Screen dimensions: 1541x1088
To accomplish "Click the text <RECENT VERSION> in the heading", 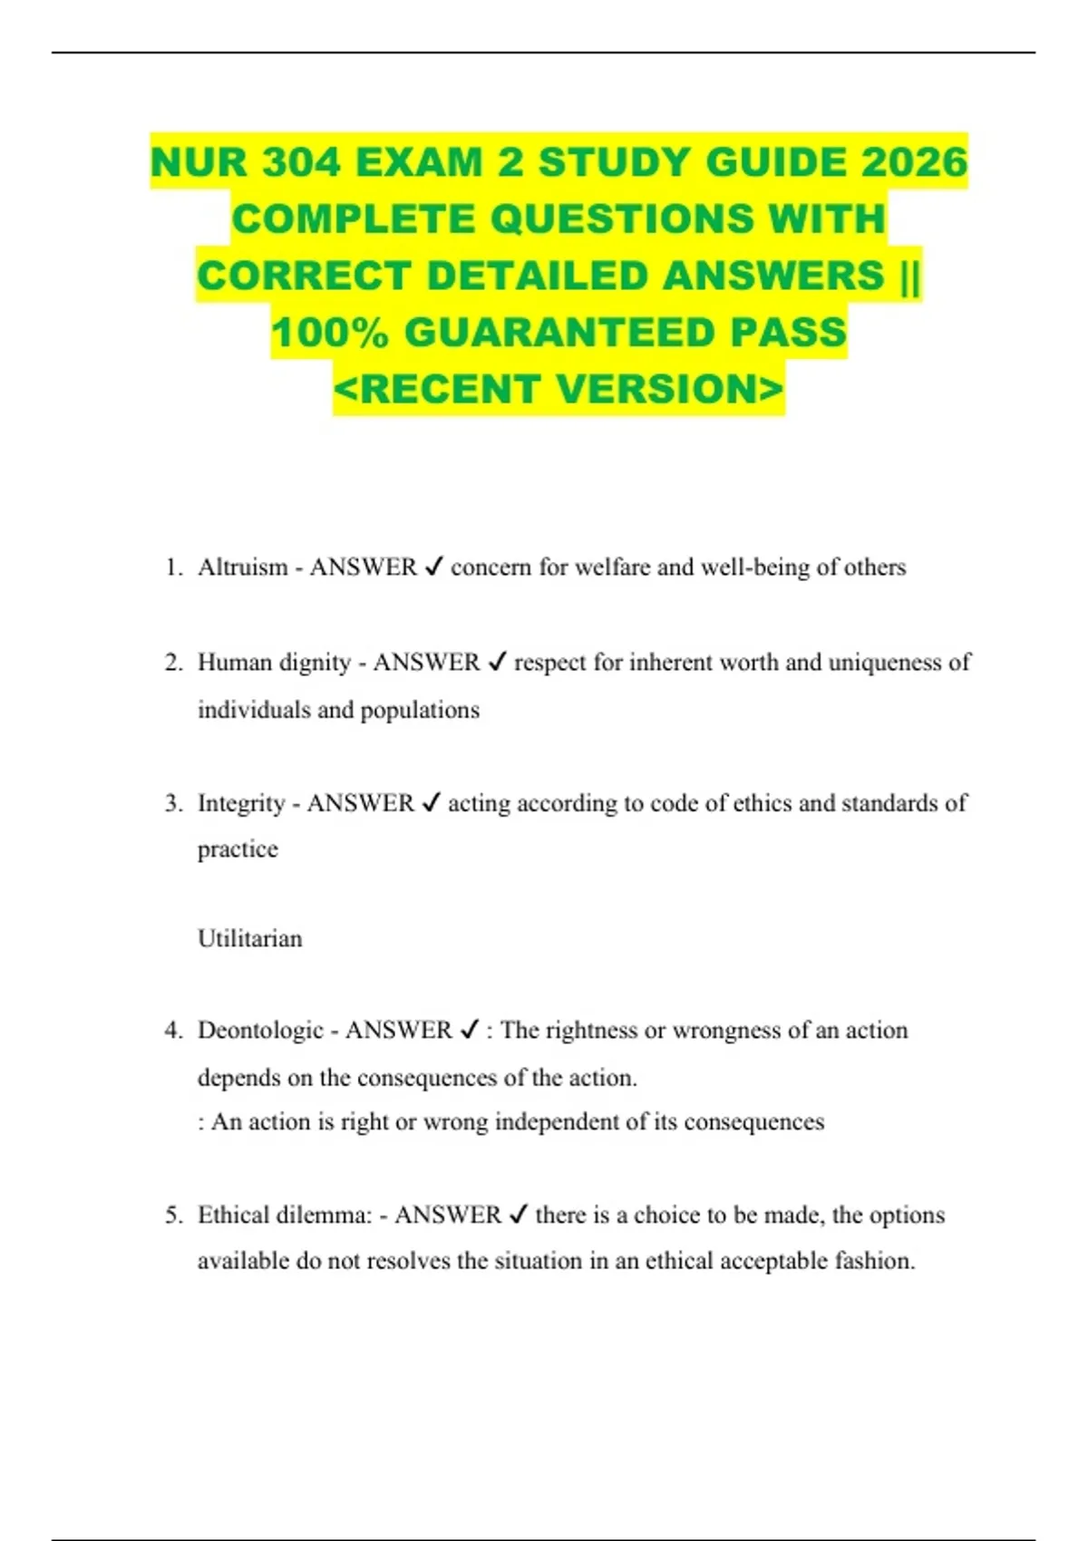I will pos(559,390).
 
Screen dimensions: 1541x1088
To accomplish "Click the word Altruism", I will pos(242,567).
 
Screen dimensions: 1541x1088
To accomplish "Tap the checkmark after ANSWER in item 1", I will pos(433,567).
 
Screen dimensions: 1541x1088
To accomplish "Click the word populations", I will pos(420,710).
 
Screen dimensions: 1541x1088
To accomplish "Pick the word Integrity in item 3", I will pos(241,803).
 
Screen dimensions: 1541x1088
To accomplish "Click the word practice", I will pos(238,849).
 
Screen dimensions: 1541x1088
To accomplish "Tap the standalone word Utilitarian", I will pos(250,938).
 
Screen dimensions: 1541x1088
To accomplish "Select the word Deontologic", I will pos(260,1031).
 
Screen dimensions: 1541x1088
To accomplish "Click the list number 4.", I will pos(172,1031).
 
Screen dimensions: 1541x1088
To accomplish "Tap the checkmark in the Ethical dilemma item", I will pos(519,1216).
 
